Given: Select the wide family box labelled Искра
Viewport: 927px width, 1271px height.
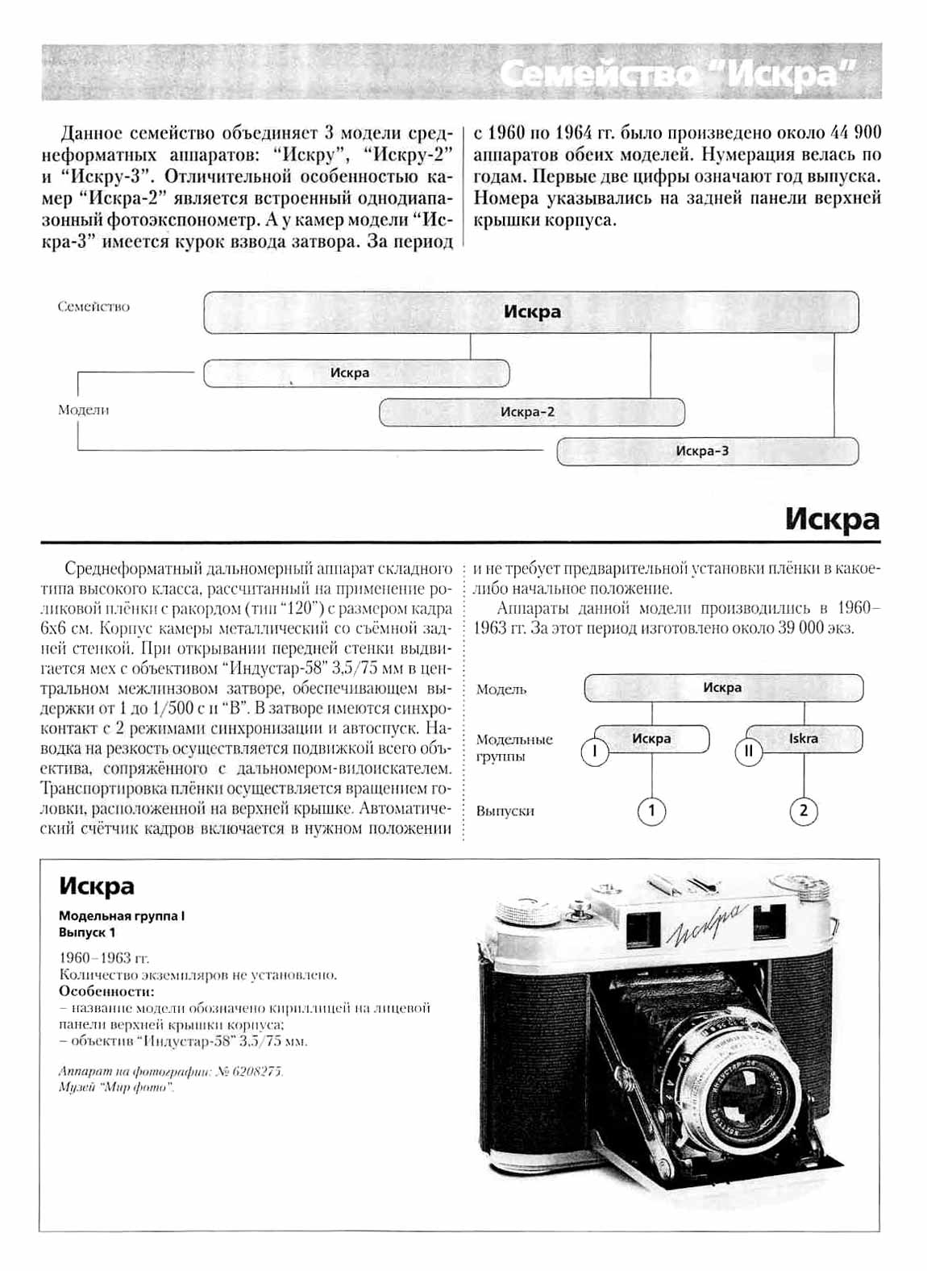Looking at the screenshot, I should (531, 312).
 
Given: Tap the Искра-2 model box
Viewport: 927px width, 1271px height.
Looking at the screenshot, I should (531, 412).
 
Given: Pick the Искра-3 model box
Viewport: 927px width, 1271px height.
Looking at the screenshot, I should (707, 451).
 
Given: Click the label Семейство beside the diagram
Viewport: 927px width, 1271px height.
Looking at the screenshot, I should (94, 306).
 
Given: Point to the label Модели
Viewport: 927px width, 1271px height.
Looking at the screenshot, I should (83, 410).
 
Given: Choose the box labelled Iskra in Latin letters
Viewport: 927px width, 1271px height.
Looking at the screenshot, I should (803, 739).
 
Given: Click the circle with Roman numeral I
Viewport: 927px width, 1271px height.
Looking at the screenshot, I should (595, 752).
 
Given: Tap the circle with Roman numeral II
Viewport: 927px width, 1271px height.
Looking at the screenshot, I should (748, 752).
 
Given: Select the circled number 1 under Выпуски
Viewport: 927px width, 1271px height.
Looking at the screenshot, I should (652, 811).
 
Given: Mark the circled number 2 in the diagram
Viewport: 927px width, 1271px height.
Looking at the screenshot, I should (804, 811).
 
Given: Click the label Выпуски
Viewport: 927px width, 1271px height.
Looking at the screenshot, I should (505, 811).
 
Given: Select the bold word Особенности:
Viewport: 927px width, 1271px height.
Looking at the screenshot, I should (106, 991).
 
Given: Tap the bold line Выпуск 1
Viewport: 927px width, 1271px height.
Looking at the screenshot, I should (87, 932).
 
